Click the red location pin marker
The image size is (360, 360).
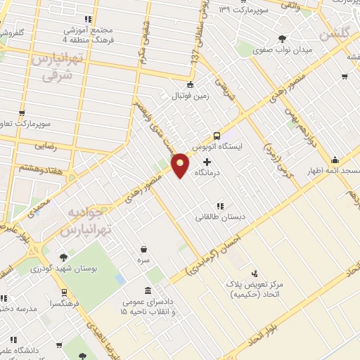click(x=181, y=165)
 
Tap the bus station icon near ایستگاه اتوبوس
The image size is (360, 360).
click(x=217, y=136)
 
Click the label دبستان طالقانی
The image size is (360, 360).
click(x=221, y=217)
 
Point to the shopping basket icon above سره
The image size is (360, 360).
click(x=144, y=249)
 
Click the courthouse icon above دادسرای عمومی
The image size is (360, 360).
click(x=147, y=290)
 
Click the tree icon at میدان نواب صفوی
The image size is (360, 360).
click(x=283, y=39)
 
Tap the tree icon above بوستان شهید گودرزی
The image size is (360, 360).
click(x=64, y=258)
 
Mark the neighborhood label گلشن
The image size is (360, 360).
click(x=335, y=34)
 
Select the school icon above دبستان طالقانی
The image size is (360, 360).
click(x=220, y=206)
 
